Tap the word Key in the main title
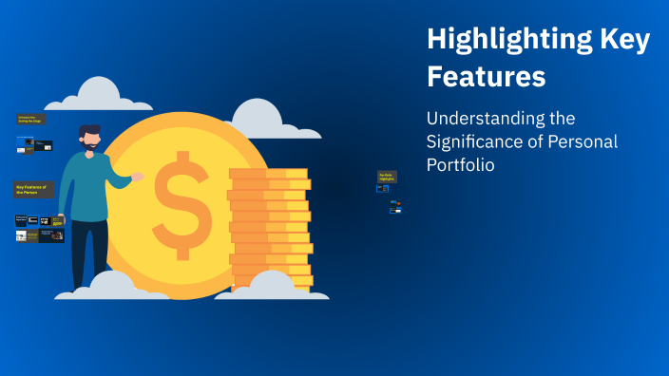(622, 40)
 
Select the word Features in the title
(486, 75)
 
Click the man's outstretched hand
(138, 177)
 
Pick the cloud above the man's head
(97, 97)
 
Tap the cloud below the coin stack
(271, 288)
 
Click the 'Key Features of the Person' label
(34, 190)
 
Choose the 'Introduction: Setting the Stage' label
(31, 120)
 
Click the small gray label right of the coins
(387, 177)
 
